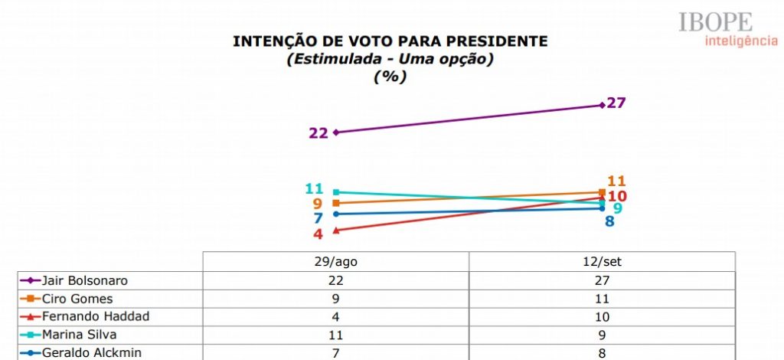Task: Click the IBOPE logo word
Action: [715, 22]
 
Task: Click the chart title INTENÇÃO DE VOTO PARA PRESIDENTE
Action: [390, 41]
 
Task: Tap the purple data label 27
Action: [616, 103]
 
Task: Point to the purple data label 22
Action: [318, 133]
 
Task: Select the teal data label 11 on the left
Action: [315, 189]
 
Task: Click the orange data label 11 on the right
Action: [617, 182]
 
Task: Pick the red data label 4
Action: [318, 234]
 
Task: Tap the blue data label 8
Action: [610, 222]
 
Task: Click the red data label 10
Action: [617, 197]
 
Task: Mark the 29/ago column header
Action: [335, 261]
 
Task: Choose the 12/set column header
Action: [602, 261]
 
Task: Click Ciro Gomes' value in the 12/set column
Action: [602, 299]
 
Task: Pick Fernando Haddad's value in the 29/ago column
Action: [335, 316]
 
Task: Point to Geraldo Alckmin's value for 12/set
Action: [602, 352]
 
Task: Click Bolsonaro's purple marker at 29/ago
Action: [336, 132]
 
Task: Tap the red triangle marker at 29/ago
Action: [336, 230]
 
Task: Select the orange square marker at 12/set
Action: [603, 191]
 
